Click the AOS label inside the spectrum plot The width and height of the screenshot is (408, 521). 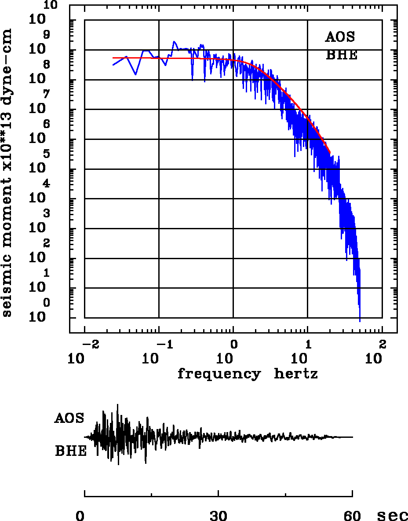coord(340,37)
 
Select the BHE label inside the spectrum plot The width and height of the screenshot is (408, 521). coord(342,56)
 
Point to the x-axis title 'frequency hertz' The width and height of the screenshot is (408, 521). coord(248,374)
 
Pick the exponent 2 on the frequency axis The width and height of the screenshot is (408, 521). coord(382,343)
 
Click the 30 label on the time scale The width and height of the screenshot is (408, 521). coord(219,516)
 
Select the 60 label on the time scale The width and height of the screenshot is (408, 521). coord(353,516)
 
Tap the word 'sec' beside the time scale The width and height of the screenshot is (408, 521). coord(393,516)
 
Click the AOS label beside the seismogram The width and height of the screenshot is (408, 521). coord(69,418)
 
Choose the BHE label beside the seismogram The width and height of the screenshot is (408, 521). coord(71,451)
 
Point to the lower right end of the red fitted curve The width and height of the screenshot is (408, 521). coord(330,153)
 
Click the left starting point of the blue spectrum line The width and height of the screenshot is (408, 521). coord(113,65)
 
